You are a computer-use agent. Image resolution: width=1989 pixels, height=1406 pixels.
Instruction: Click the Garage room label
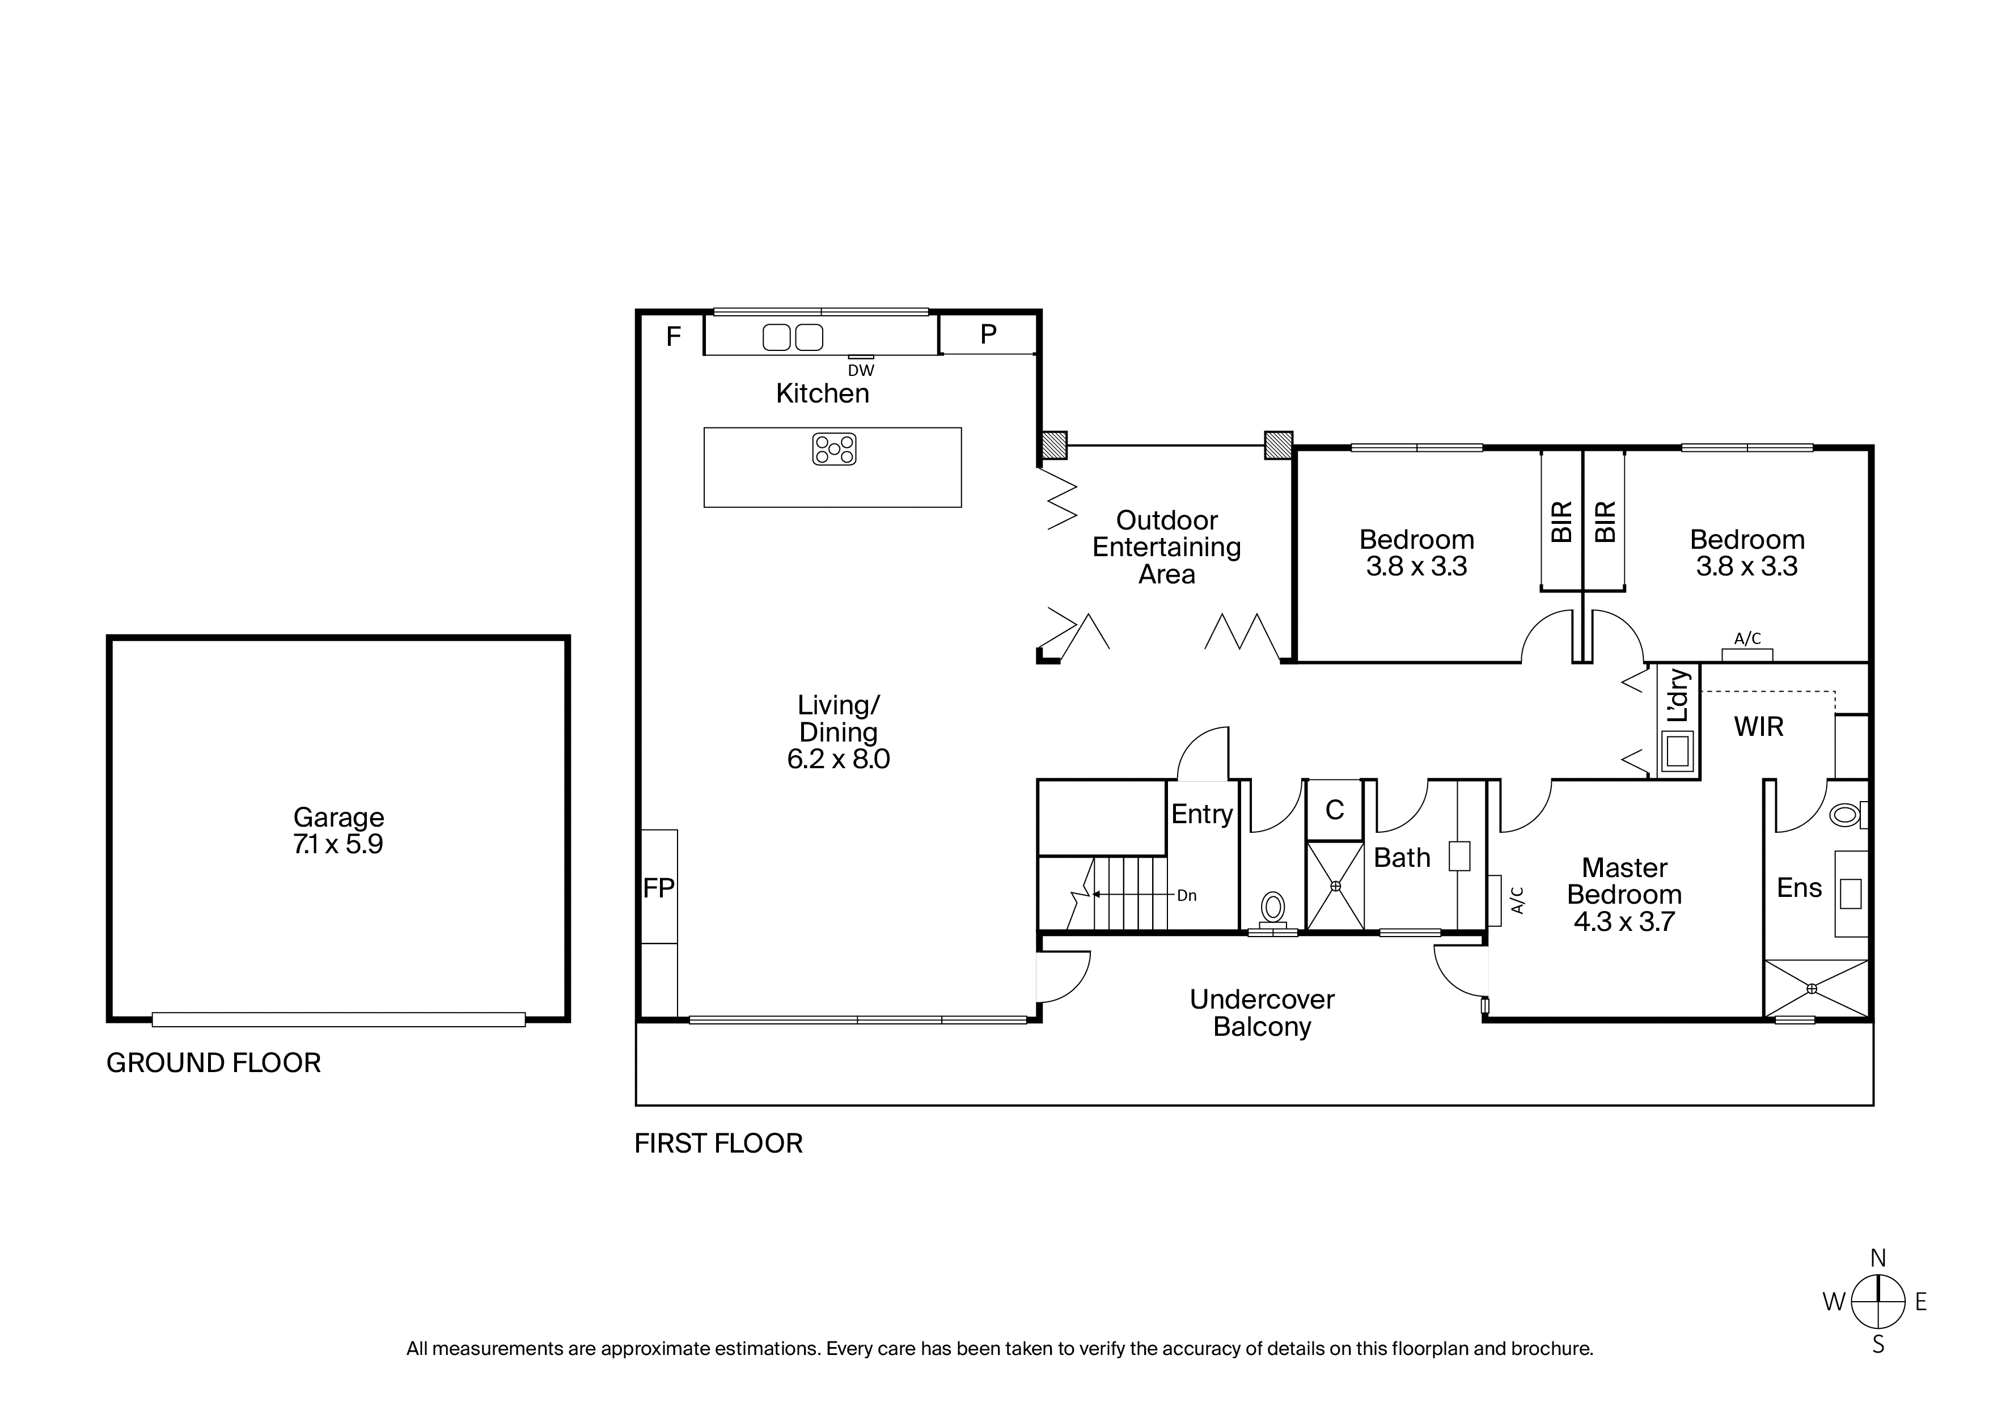[x=338, y=817]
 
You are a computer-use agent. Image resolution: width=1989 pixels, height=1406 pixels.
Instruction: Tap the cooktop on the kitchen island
[x=834, y=449]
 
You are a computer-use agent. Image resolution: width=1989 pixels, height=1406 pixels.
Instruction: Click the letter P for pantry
[x=988, y=334]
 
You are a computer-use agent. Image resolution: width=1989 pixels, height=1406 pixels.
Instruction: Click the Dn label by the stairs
[x=1187, y=896]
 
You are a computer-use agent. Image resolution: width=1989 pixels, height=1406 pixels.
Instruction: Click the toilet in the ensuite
[x=1848, y=814]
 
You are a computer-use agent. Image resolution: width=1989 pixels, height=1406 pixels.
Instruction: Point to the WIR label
[x=1759, y=727]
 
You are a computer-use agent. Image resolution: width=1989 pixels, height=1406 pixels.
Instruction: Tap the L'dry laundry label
[x=1678, y=696]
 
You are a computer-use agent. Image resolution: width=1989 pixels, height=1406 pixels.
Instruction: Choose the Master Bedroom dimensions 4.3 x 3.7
[x=1624, y=922]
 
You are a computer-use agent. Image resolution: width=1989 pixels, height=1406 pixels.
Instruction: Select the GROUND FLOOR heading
[x=213, y=1063]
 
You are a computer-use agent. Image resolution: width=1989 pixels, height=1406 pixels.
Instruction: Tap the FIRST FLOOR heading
[x=718, y=1144]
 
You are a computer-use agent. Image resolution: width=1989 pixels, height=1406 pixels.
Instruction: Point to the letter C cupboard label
[x=1335, y=810]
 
